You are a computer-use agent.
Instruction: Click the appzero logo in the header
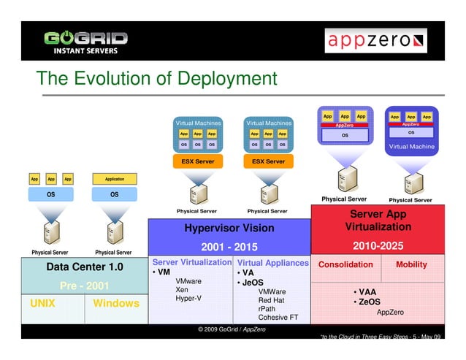pyautogui.click(x=375, y=41)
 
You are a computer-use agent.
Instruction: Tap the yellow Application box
pyautogui.click(x=114, y=178)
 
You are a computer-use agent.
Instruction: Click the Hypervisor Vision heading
pyautogui.click(x=230, y=228)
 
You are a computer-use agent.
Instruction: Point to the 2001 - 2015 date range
pyautogui.click(x=229, y=246)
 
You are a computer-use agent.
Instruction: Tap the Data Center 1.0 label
pyautogui.click(x=85, y=267)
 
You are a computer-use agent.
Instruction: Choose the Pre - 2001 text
pyautogui.click(x=85, y=286)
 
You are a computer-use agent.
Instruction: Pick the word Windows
pyautogui.click(x=115, y=303)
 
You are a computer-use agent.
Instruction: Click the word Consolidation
pyautogui.click(x=345, y=264)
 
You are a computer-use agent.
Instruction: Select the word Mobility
pyautogui.click(x=411, y=264)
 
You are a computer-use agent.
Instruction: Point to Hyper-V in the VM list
pyautogui.click(x=188, y=299)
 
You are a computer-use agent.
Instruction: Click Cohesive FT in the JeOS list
pyautogui.click(x=278, y=317)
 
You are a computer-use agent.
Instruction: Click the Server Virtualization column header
pyautogui.click(x=191, y=262)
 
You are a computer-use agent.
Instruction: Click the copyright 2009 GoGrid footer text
pyautogui.click(x=232, y=330)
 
